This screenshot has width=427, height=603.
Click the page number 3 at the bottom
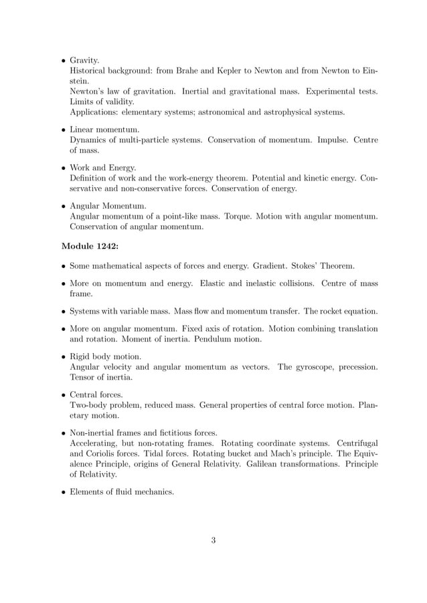pyautogui.click(x=213, y=540)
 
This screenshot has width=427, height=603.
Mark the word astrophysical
pyautogui.click(x=283, y=112)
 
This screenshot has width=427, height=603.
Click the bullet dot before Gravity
pyautogui.click(x=61, y=60)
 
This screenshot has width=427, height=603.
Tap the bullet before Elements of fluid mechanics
pyautogui.click(x=61, y=492)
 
